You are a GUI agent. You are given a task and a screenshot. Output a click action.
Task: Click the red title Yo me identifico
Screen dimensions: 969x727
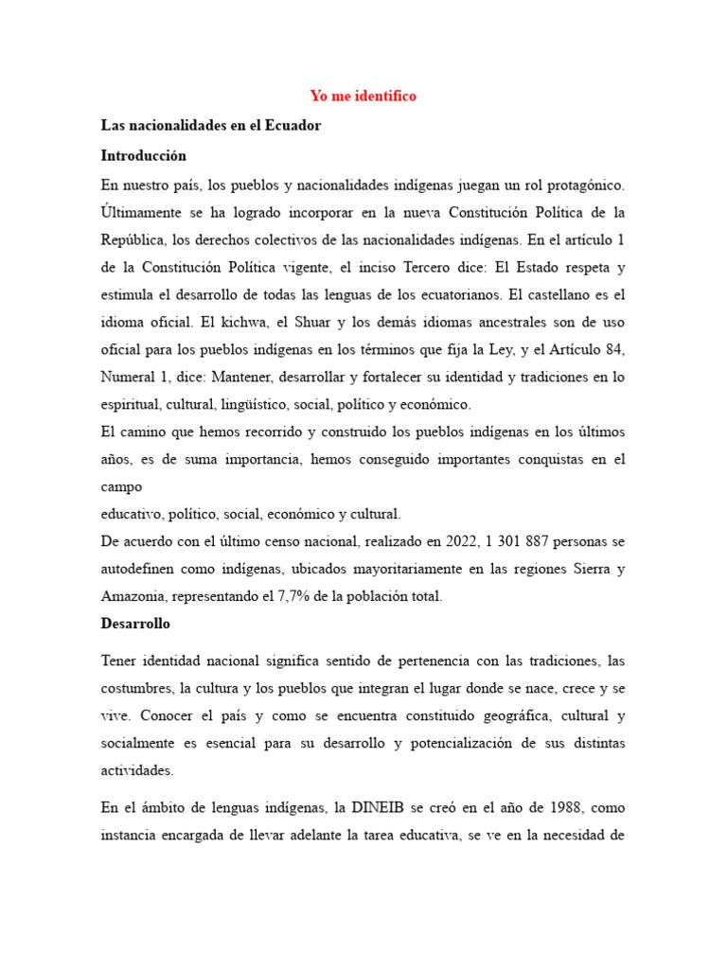coord(363,97)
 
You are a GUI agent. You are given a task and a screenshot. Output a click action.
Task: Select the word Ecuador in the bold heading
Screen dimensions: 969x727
coord(295,126)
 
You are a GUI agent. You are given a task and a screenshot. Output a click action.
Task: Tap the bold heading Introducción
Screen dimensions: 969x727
coord(143,155)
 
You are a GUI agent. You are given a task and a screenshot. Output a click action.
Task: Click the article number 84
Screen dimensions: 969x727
coord(613,349)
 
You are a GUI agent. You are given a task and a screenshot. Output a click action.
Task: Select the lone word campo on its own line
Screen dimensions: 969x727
coord(121,487)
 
